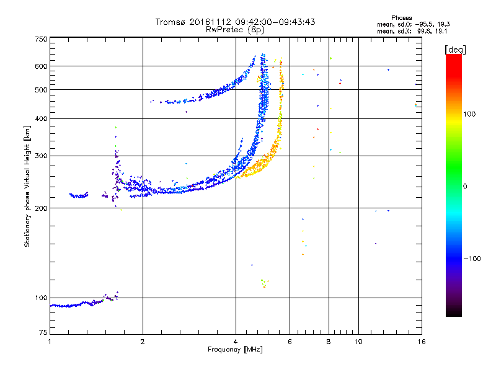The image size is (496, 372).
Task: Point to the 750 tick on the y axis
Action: pos(42,39)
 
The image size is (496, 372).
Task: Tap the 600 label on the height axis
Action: pos(42,66)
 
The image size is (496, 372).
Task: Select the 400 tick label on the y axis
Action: pos(42,118)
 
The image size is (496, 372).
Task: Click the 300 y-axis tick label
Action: pos(42,156)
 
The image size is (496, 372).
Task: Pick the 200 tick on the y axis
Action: pos(42,208)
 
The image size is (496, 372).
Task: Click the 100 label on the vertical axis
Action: pos(42,298)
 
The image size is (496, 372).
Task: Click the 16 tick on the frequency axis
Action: pos(421,342)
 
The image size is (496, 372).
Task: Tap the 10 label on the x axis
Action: pos(358,342)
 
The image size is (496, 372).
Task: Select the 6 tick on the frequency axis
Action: pos(290,342)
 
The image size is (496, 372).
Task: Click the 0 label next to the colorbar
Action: pos(466,186)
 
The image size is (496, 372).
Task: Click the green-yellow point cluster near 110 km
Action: pos(263,283)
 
